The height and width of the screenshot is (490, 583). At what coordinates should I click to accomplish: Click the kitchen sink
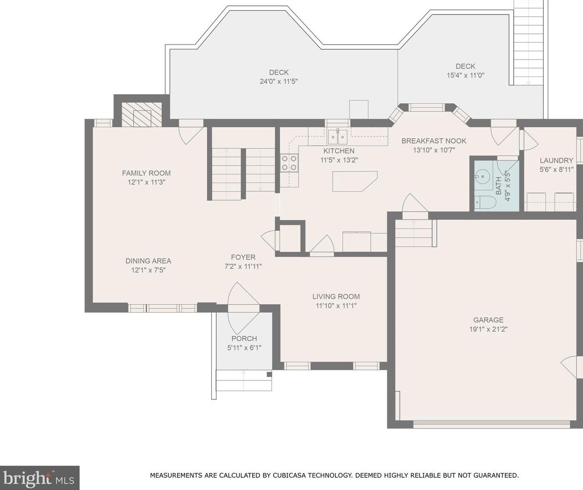pos(337,137)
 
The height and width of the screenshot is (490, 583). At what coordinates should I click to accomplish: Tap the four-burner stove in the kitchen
pos(289,163)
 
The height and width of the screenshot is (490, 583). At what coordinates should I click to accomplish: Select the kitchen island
pos(355,181)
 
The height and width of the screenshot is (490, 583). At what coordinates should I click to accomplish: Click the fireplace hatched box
pos(142,114)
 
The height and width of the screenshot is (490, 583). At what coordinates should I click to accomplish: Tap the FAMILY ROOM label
pos(146,173)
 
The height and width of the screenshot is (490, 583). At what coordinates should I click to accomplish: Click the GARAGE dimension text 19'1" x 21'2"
pos(488,329)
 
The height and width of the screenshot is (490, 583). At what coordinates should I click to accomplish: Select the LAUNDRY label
pos(556,160)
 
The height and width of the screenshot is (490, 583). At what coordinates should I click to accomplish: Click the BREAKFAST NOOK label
pos(434,141)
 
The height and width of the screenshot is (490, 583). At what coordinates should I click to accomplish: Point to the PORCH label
pos(244,338)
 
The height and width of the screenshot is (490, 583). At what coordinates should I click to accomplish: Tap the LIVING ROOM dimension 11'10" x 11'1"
pos(336,306)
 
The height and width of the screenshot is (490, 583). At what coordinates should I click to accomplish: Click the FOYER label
pos(243,257)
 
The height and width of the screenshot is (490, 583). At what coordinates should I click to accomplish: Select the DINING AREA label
pos(148,261)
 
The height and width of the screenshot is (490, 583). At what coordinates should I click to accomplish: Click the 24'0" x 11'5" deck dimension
pos(279,82)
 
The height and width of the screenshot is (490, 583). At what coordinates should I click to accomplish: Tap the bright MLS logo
pos(39,478)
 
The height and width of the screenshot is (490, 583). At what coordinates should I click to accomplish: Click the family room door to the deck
pos(191,132)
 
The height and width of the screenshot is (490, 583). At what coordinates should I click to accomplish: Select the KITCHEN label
pos(339,151)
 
